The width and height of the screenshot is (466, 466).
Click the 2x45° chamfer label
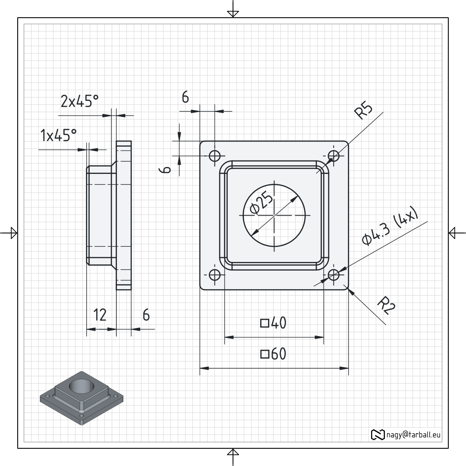79,101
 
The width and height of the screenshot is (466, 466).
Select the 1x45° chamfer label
58,135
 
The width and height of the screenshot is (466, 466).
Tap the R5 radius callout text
363,110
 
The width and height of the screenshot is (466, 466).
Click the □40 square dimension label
273,323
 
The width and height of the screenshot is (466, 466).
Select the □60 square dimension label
273,354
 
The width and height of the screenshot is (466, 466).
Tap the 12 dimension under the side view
100,315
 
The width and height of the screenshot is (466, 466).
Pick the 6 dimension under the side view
146,315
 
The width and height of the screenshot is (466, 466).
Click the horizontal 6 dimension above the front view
185,98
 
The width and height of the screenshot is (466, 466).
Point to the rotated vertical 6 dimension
166,170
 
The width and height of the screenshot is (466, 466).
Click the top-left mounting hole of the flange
214,156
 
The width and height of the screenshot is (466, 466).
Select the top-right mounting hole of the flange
334,156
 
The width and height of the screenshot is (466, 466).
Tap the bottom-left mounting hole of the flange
214,275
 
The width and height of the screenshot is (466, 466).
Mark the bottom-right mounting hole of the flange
334,275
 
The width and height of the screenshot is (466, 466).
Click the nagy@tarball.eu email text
411,435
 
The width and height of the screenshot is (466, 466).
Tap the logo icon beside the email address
378,435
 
